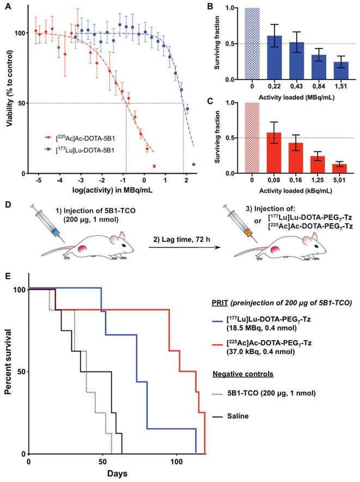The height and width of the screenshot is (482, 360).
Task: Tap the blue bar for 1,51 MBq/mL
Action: point(340,70)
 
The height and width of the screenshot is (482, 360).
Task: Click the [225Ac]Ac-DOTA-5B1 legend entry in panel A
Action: point(80,138)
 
